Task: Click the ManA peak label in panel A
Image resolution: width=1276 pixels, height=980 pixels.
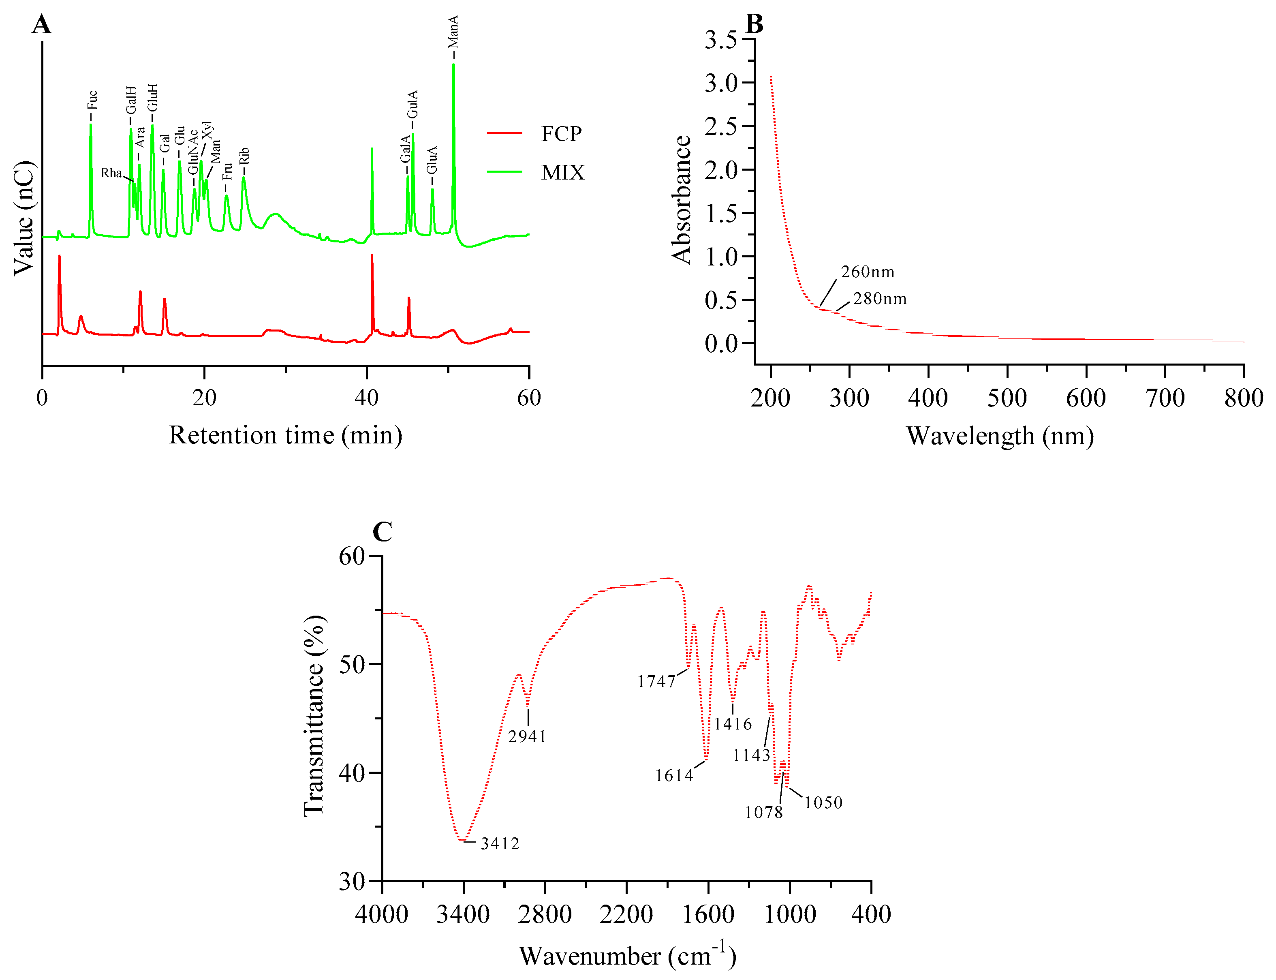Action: click(453, 32)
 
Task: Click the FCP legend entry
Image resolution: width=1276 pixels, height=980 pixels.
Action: click(560, 134)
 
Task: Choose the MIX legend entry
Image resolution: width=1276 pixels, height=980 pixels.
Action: click(562, 173)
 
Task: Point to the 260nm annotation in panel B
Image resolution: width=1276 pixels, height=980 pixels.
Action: click(867, 272)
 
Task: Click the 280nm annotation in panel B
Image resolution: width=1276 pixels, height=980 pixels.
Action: click(879, 299)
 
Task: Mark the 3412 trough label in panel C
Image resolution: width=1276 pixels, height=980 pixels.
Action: click(499, 843)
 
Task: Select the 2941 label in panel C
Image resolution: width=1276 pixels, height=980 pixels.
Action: click(527, 737)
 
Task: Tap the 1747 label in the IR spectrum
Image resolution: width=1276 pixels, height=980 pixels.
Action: click(656, 681)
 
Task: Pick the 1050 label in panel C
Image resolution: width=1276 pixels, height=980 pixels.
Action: click(823, 802)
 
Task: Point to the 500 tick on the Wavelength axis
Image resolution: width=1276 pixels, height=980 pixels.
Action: click(1007, 398)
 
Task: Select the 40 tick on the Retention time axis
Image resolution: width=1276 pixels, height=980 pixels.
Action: click(366, 398)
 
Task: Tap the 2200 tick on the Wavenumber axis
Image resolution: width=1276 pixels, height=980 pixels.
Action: click(626, 914)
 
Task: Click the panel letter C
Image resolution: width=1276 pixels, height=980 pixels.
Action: click(382, 532)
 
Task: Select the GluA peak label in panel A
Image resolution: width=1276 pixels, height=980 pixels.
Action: click(432, 160)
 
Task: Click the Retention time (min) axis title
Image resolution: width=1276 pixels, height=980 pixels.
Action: click(285, 435)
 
